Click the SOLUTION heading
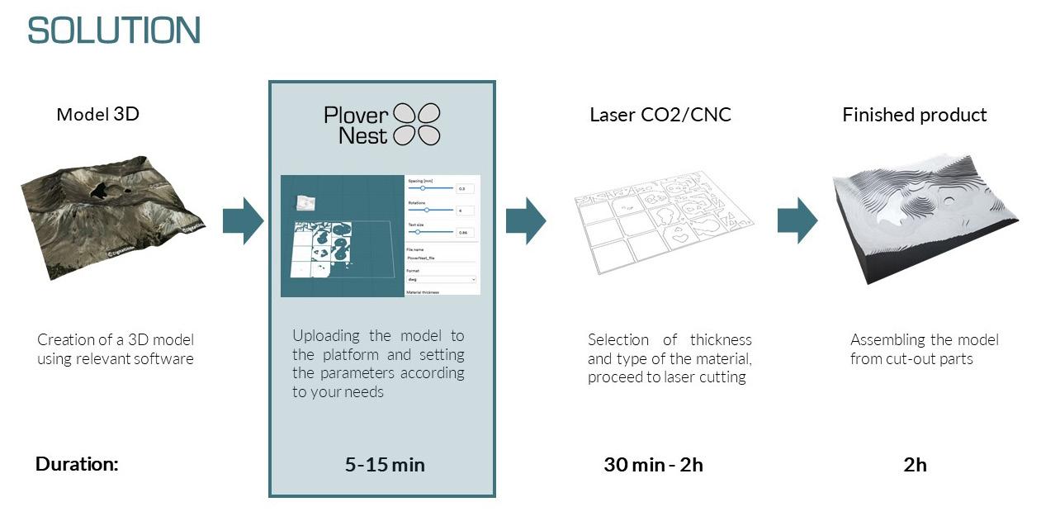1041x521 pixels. coord(114,31)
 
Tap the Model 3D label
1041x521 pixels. coord(97,114)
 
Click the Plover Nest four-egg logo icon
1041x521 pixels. coord(416,125)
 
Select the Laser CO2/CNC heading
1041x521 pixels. coord(660,115)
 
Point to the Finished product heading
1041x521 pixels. coord(914,115)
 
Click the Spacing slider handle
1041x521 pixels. coord(423,188)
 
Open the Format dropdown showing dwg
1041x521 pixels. coord(441,280)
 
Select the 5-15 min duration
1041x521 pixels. coord(385,465)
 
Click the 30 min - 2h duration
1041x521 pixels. coord(653,465)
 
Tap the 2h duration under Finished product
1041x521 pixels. coord(915,465)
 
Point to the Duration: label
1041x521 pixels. coord(77,464)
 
